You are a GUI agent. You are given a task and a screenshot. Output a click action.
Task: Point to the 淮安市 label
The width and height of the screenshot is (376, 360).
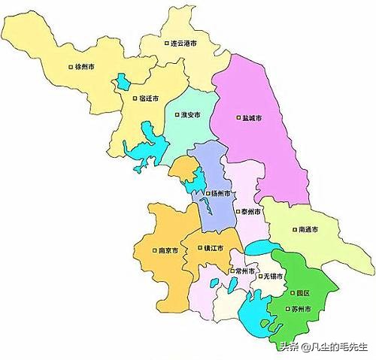(191, 115)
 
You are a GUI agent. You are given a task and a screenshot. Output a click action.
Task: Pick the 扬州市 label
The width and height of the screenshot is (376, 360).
(220, 194)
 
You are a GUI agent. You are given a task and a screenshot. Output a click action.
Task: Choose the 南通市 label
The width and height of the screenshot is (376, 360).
(308, 229)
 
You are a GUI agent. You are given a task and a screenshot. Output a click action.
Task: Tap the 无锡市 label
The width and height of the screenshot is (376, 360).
(273, 277)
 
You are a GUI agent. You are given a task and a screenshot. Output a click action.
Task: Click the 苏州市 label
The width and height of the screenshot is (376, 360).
(302, 308)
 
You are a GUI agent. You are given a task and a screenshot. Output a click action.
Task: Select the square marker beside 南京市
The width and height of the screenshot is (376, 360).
(153, 250)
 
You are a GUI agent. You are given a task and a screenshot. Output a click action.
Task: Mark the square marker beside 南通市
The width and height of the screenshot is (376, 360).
(294, 229)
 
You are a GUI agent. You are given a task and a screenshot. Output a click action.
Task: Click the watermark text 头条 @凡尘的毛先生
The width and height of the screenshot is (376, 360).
(323, 346)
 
